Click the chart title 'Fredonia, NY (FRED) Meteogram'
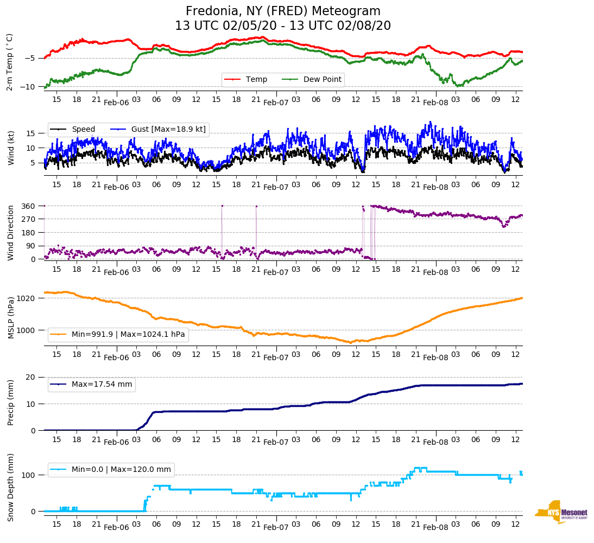(283, 11)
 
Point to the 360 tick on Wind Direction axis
(29, 206)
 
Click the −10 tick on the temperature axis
(28, 87)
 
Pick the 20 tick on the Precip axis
(31, 378)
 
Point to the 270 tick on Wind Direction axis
(29, 219)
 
